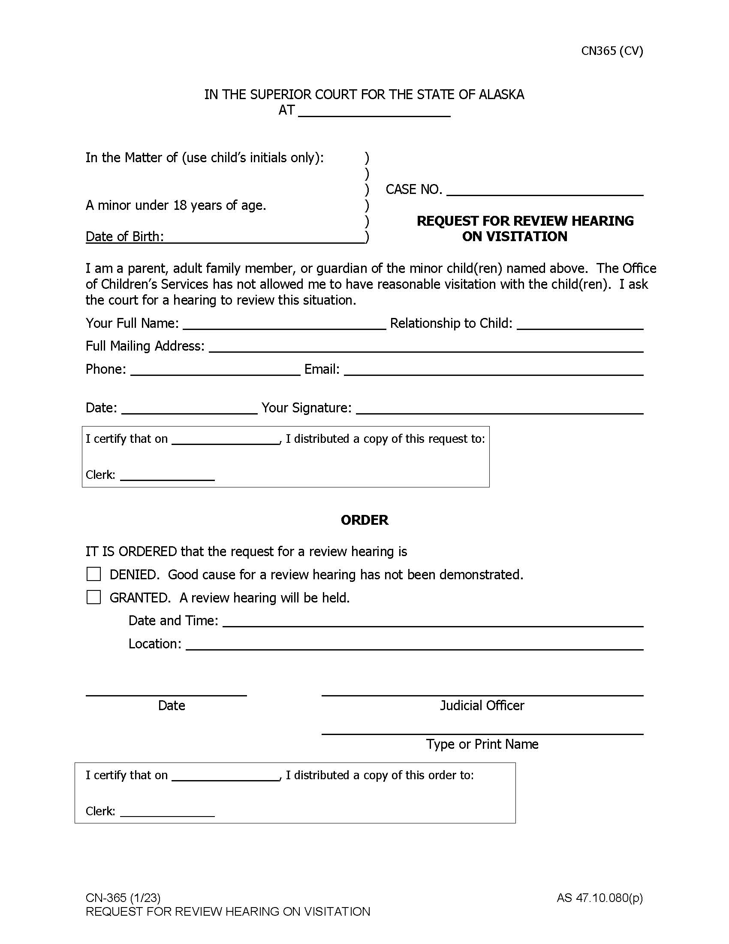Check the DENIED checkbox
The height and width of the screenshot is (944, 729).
pyautogui.click(x=94, y=574)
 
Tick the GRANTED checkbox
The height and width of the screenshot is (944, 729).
pyautogui.click(x=94, y=597)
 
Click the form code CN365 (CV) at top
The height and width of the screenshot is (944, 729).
pyautogui.click(x=612, y=51)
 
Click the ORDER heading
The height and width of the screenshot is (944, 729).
pyautogui.click(x=364, y=520)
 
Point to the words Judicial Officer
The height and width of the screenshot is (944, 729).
pyautogui.click(x=482, y=706)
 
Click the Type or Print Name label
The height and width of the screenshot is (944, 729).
pyautogui.click(x=482, y=744)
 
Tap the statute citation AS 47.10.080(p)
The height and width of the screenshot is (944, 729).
pyautogui.click(x=599, y=898)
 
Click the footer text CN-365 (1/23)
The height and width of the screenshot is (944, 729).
pyautogui.click(x=123, y=898)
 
